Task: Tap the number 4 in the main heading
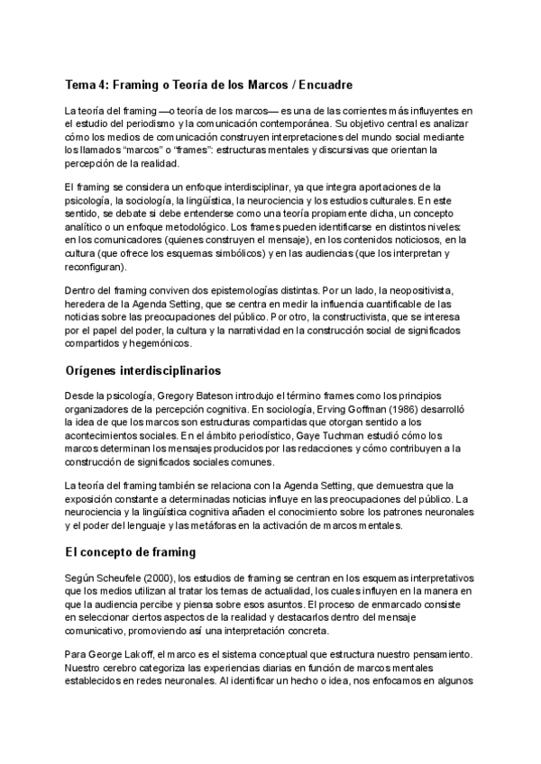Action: pos(107,85)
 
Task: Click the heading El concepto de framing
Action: pos(130,550)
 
